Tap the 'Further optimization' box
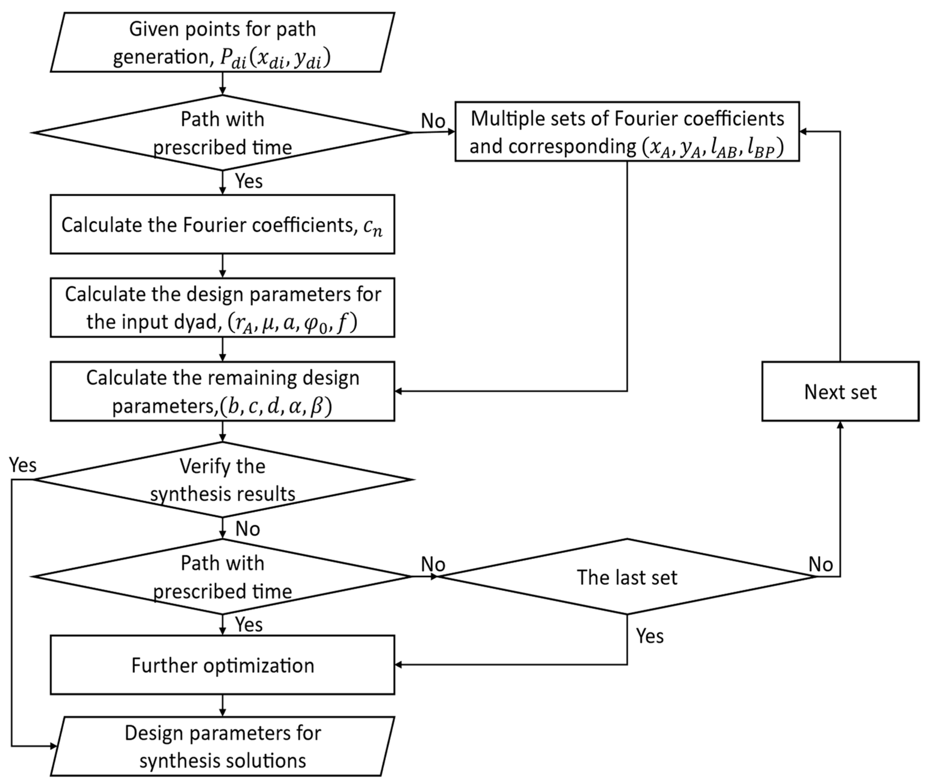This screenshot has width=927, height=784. click(x=222, y=665)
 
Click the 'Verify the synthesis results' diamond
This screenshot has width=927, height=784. click(x=222, y=480)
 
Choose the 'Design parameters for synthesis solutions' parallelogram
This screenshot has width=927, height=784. click(x=222, y=747)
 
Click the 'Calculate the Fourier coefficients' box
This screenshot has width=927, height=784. click(x=222, y=224)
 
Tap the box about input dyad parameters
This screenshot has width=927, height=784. click(x=222, y=307)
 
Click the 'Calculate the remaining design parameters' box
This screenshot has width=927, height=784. click(x=222, y=391)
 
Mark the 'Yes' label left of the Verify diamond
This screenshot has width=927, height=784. click(x=23, y=465)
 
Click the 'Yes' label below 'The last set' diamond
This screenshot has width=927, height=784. click(x=649, y=636)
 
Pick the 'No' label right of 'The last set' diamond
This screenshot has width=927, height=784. click(x=820, y=564)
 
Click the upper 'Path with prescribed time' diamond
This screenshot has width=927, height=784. click(x=222, y=132)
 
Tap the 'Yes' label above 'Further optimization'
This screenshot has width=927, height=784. click(x=248, y=625)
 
